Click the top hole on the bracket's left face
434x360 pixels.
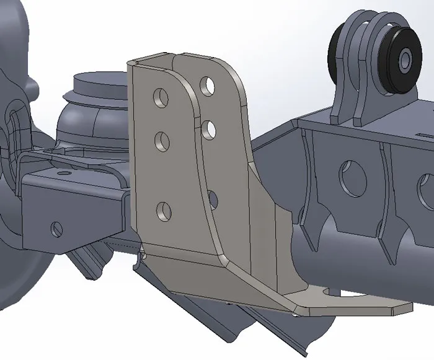[x=162, y=97]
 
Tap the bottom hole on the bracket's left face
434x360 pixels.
[x=163, y=211]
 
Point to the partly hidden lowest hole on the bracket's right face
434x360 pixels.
[x=213, y=198]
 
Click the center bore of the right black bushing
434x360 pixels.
[x=405, y=60]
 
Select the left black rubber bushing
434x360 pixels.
[x=339, y=50]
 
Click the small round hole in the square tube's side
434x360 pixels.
[x=56, y=229]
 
